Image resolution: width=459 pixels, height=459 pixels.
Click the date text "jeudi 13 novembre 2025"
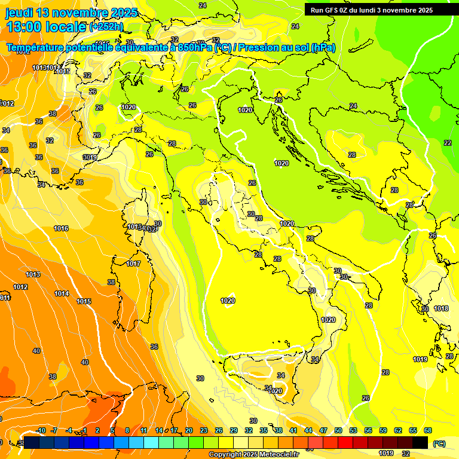pyautogui.click(x=71, y=13)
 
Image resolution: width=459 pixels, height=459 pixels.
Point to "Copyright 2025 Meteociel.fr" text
pyautogui.click(x=253, y=454)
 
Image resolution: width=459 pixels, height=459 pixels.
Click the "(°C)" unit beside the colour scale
pyautogui.click(x=439, y=443)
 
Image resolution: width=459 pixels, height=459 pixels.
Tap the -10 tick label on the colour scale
pyautogui.click(x=41, y=430)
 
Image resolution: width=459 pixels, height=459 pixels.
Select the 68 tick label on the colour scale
pyautogui.click(x=428, y=430)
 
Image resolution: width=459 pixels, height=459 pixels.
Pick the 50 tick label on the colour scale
pyautogui.click(x=338, y=430)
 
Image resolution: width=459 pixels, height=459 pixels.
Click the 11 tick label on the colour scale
pyautogui.click(x=144, y=430)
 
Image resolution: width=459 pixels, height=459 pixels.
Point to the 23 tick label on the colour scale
pyautogui.click(x=204, y=430)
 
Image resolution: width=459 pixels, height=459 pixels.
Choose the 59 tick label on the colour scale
pyautogui.click(x=383, y=430)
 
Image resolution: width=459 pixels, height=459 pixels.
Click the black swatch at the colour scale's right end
pyautogui.click(x=420, y=443)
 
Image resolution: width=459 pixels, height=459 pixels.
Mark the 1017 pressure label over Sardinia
pyautogui.click(x=133, y=264)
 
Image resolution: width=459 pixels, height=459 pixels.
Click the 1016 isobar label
pyautogui.click(x=61, y=228)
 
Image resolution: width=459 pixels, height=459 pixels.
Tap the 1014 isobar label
pyautogui.click(x=62, y=293)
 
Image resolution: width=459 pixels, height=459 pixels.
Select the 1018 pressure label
pyautogui.click(x=441, y=308)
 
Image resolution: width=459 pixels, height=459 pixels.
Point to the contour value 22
pyautogui.click(x=448, y=143)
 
